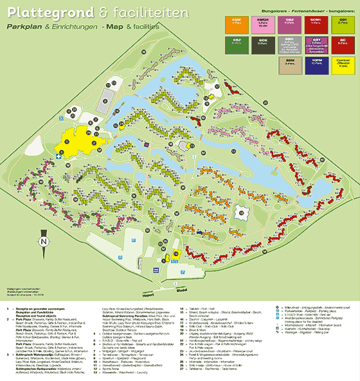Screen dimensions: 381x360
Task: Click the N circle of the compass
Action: [x=42, y=242]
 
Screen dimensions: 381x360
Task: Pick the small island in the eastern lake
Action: [x=242, y=211]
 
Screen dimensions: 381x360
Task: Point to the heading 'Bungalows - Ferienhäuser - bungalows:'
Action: [x=309, y=12]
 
